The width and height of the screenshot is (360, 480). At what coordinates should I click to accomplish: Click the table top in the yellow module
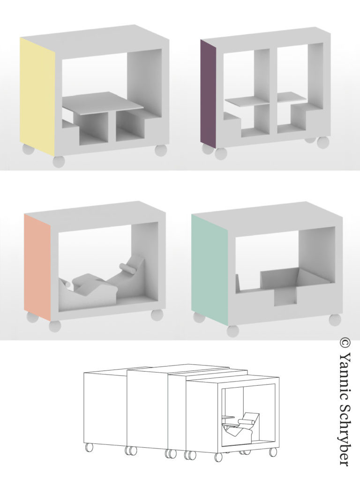103,104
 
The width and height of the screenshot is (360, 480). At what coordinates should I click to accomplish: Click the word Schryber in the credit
345,435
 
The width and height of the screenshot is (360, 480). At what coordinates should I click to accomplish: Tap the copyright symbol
345,343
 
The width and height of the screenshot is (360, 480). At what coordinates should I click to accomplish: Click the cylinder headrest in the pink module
127,268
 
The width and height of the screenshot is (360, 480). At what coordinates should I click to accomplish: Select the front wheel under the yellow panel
59,161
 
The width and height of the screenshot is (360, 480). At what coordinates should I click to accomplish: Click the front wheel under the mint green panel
232,331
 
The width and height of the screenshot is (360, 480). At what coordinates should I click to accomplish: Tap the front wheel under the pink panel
55,326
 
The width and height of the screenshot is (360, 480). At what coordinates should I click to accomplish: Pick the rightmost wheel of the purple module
323,142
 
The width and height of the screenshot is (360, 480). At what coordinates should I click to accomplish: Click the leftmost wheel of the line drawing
89,447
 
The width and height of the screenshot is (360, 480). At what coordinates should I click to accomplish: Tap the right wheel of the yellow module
161,150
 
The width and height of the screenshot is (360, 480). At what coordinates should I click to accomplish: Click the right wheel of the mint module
335,320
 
